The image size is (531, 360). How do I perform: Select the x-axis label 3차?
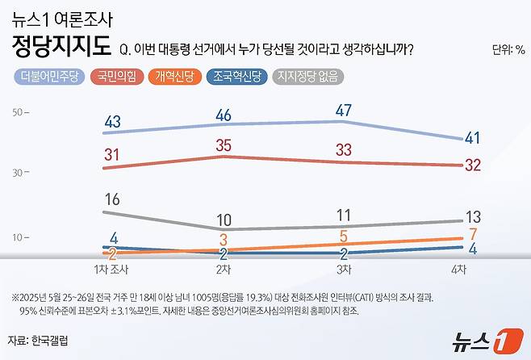(x=343, y=267)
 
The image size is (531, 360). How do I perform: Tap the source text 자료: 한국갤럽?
(x=37, y=340)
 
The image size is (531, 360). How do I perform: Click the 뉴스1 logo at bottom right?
(x=479, y=339)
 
